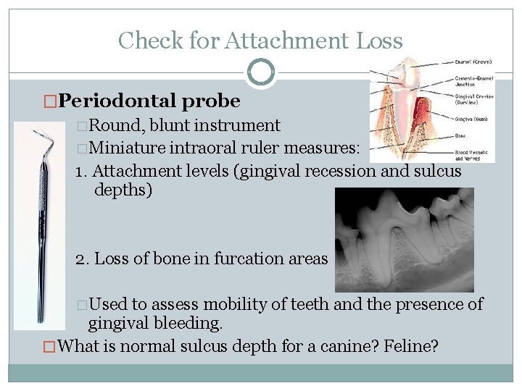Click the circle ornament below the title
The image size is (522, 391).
pyautogui.click(x=261, y=72)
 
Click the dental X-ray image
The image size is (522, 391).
pyautogui.click(x=404, y=240)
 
